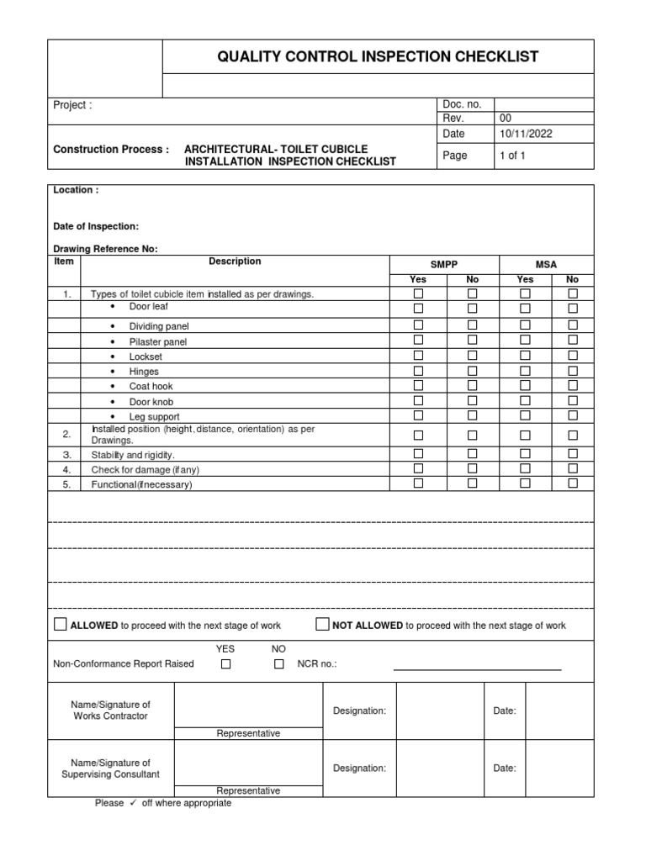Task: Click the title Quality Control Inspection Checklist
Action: (x=378, y=57)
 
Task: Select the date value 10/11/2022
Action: (x=527, y=133)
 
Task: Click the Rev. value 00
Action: (x=506, y=119)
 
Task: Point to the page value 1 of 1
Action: (x=512, y=156)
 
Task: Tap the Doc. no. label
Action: (x=461, y=104)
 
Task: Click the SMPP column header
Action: (x=444, y=264)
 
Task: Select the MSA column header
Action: (x=547, y=264)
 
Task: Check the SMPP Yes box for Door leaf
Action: (x=418, y=309)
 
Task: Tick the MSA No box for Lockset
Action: (x=573, y=356)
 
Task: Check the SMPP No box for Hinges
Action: (x=472, y=371)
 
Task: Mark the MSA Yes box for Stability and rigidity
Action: (x=525, y=454)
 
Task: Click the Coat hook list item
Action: (x=144, y=387)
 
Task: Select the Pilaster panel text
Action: (x=158, y=342)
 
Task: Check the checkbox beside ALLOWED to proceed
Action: (x=60, y=625)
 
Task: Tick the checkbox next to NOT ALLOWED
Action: (x=322, y=625)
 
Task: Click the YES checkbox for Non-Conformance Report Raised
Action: (x=225, y=664)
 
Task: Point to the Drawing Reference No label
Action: (x=105, y=249)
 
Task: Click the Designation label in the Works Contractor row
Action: (x=359, y=711)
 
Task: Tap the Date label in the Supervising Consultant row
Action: (x=505, y=768)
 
